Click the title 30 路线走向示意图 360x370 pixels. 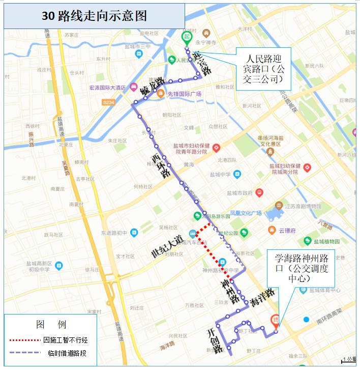[94, 16]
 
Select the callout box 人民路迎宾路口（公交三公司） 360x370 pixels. [264, 68]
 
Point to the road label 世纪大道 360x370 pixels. [167, 246]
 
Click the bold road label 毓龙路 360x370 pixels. [152, 88]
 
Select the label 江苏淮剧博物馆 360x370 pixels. [304, 206]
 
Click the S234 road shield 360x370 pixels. [108, 102]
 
